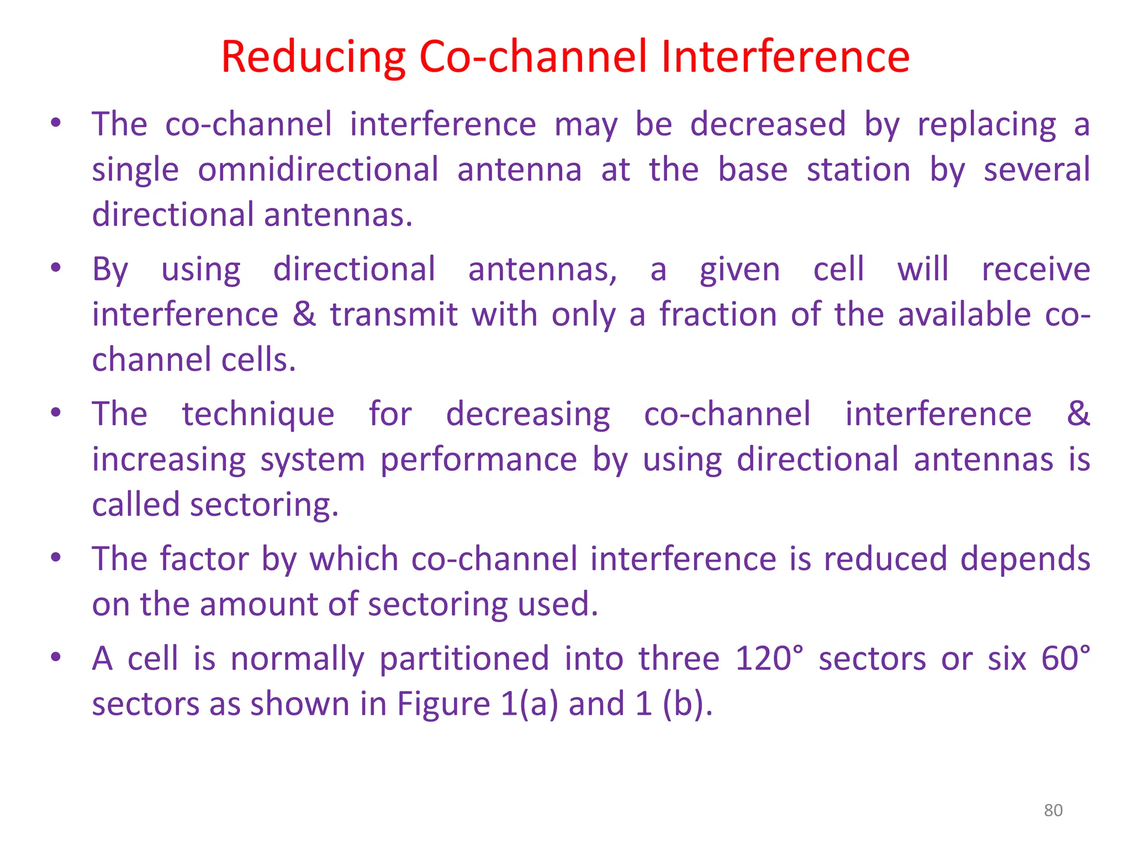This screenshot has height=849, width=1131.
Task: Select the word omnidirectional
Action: (x=318, y=170)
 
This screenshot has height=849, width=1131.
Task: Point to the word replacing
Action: (x=986, y=125)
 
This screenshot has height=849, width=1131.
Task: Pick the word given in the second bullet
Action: (x=739, y=270)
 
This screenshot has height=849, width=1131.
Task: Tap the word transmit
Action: (x=394, y=315)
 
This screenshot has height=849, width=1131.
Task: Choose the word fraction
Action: (x=718, y=315)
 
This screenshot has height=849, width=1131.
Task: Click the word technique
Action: (x=258, y=415)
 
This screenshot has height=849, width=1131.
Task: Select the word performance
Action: (x=478, y=460)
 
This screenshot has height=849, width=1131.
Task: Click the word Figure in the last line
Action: (x=443, y=705)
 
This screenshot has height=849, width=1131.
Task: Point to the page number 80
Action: (x=1053, y=810)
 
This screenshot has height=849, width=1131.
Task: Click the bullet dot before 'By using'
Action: (x=56, y=269)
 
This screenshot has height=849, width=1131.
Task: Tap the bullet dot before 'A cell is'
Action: (x=56, y=657)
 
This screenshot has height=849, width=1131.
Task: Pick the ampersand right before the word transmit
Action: (x=304, y=315)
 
